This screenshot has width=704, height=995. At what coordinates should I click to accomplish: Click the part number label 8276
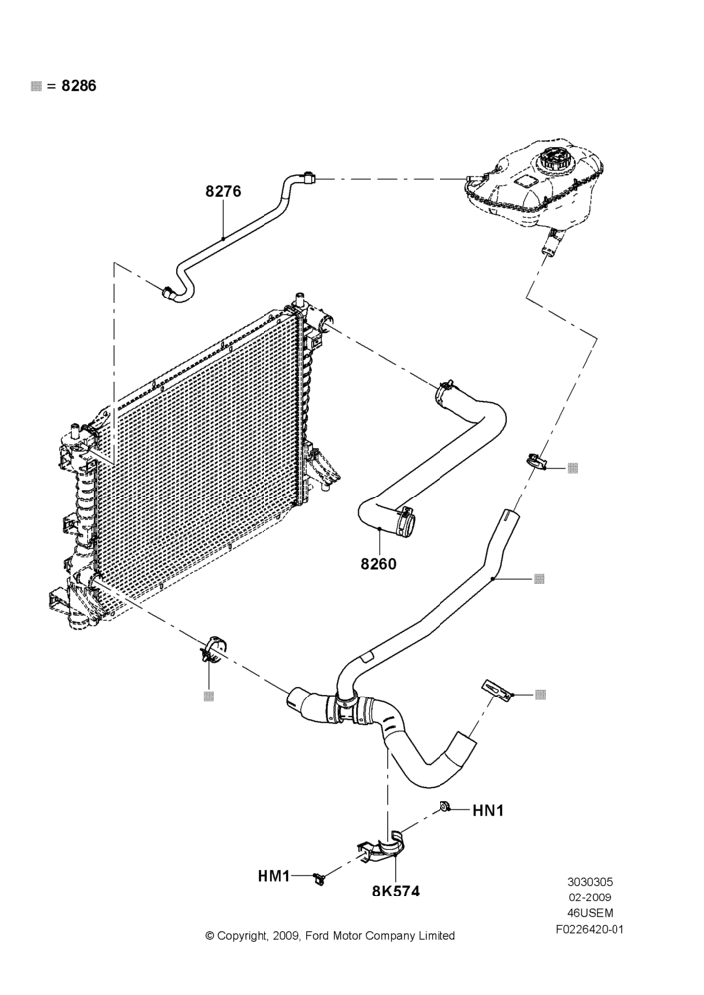click(x=223, y=191)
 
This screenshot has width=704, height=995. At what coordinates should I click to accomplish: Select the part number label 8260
click(x=378, y=563)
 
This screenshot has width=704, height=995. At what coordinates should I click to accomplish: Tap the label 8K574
click(x=396, y=891)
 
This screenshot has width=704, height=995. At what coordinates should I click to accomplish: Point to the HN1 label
click(x=487, y=810)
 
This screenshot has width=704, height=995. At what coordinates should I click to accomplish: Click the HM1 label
click(x=273, y=876)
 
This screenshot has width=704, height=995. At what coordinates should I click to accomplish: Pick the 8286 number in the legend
click(x=79, y=85)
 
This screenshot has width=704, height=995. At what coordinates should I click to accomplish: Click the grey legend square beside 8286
click(x=36, y=86)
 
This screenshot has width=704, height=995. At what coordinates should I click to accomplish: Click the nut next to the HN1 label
click(x=444, y=807)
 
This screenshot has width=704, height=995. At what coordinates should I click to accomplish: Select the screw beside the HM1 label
click(x=319, y=879)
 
